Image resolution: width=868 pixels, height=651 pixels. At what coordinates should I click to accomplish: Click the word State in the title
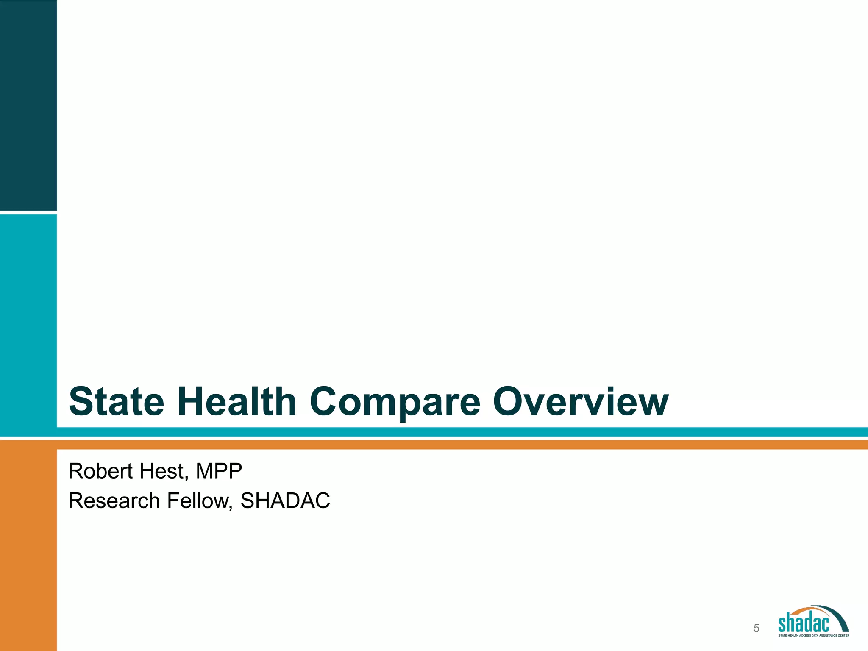(x=116, y=401)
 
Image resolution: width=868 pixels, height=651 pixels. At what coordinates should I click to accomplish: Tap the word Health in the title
(x=239, y=401)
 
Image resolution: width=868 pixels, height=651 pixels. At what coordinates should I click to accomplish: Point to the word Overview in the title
(x=580, y=401)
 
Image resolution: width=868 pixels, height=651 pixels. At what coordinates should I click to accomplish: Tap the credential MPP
(x=219, y=471)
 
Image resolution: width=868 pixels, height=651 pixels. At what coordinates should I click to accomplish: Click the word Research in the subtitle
(x=114, y=501)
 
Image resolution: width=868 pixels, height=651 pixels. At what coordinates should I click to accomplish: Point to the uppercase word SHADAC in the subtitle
(x=285, y=501)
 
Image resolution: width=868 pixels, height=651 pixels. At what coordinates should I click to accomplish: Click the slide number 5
(x=756, y=628)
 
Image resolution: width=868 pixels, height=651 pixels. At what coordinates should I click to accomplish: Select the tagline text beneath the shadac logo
(x=813, y=635)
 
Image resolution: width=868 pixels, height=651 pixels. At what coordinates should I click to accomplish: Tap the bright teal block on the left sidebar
(x=28, y=322)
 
